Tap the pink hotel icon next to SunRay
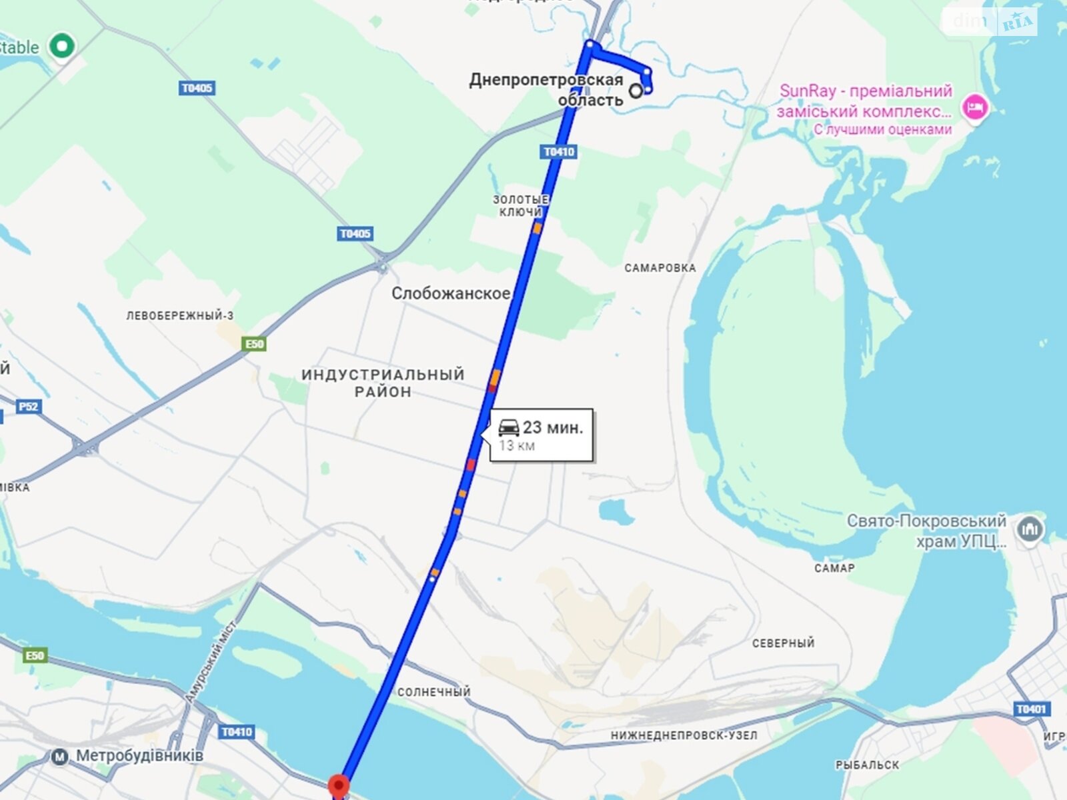pyautogui.click(x=974, y=107)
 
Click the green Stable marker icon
pyautogui.click(x=63, y=47)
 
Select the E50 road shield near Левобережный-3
pyautogui.click(x=255, y=344)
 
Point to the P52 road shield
pyautogui.click(x=29, y=407)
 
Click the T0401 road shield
pyautogui.click(x=1031, y=709)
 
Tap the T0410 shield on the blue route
pyautogui.click(x=559, y=152)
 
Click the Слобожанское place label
pyautogui.click(x=451, y=293)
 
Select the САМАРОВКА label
pyautogui.click(x=660, y=268)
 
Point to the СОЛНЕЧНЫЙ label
pyautogui.click(x=433, y=692)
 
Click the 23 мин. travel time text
pyautogui.click(x=553, y=427)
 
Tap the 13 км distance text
pyautogui.click(x=517, y=446)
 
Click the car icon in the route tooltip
pyautogui.click(x=509, y=427)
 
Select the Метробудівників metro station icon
pyautogui.click(x=60, y=757)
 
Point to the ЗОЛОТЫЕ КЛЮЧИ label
pyautogui.click(x=520, y=205)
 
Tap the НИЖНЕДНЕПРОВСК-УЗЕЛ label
pyautogui.click(x=684, y=735)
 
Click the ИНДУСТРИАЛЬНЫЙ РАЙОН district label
pyautogui.click(x=383, y=383)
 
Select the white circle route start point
pyautogui.click(x=636, y=91)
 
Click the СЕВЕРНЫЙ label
pyautogui.click(x=783, y=643)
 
